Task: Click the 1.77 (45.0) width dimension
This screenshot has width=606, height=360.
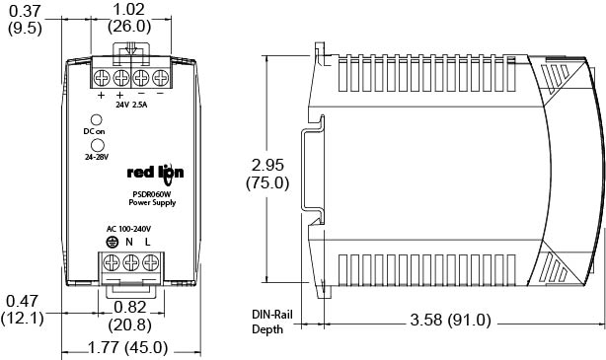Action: coord(128,347)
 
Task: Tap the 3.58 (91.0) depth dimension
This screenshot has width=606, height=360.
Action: coord(450,320)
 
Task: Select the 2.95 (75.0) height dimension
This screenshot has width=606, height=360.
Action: coord(267,174)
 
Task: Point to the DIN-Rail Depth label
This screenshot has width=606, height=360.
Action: coord(272,322)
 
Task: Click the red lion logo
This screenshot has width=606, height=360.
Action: coord(155,174)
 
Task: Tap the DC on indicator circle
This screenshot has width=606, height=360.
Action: coord(96,119)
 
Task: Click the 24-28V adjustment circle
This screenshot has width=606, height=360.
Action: coord(97,145)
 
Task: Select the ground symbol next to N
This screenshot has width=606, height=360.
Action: coord(112,243)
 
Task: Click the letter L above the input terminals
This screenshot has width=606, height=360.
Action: coord(147,242)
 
